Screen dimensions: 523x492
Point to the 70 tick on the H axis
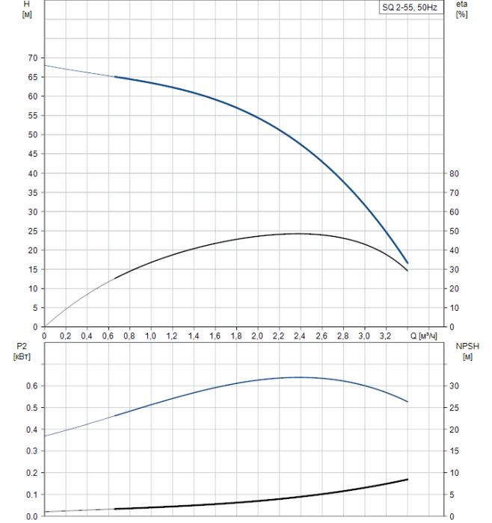coord(31,58)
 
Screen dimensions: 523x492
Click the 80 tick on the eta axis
coord(455,173)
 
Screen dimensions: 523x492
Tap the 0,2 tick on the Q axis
coord(66,337)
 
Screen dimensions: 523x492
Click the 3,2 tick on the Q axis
coord(386,337)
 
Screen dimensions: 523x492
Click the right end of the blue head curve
coord(408,263)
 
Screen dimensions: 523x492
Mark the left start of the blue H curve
coord(45,66)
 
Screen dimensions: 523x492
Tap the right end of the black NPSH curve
coord(408,479)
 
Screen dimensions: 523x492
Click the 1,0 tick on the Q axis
coord(151,337)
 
